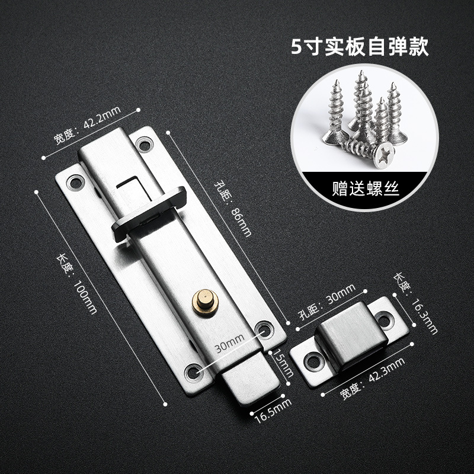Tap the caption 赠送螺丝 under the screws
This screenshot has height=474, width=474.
point(366,191)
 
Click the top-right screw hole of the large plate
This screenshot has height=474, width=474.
point(143,143)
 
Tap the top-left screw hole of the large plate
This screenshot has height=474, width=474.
point(75,182)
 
